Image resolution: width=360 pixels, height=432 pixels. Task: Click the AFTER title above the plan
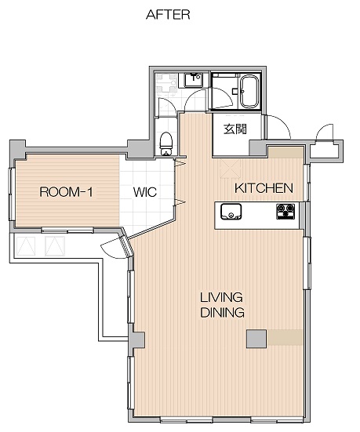168,15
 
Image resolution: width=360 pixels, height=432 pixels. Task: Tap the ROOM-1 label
66,192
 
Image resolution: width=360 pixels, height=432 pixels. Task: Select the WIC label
145,192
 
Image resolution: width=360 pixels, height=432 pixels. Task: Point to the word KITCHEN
264,188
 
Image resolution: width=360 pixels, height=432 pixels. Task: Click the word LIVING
221,298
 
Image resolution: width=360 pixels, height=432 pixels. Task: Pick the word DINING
222,312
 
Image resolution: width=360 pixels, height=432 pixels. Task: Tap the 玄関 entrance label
235,129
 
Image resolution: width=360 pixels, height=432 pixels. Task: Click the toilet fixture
166,143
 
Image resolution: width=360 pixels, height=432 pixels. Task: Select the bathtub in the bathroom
249,92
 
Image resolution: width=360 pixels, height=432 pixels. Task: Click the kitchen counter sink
231,212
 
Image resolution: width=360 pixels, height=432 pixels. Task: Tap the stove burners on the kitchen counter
285,212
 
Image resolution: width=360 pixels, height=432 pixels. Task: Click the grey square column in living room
256,339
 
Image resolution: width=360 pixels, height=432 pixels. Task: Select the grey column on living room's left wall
138,340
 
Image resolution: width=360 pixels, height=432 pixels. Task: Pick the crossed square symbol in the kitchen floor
231,169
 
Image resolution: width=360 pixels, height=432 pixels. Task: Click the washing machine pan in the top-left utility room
166,83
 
